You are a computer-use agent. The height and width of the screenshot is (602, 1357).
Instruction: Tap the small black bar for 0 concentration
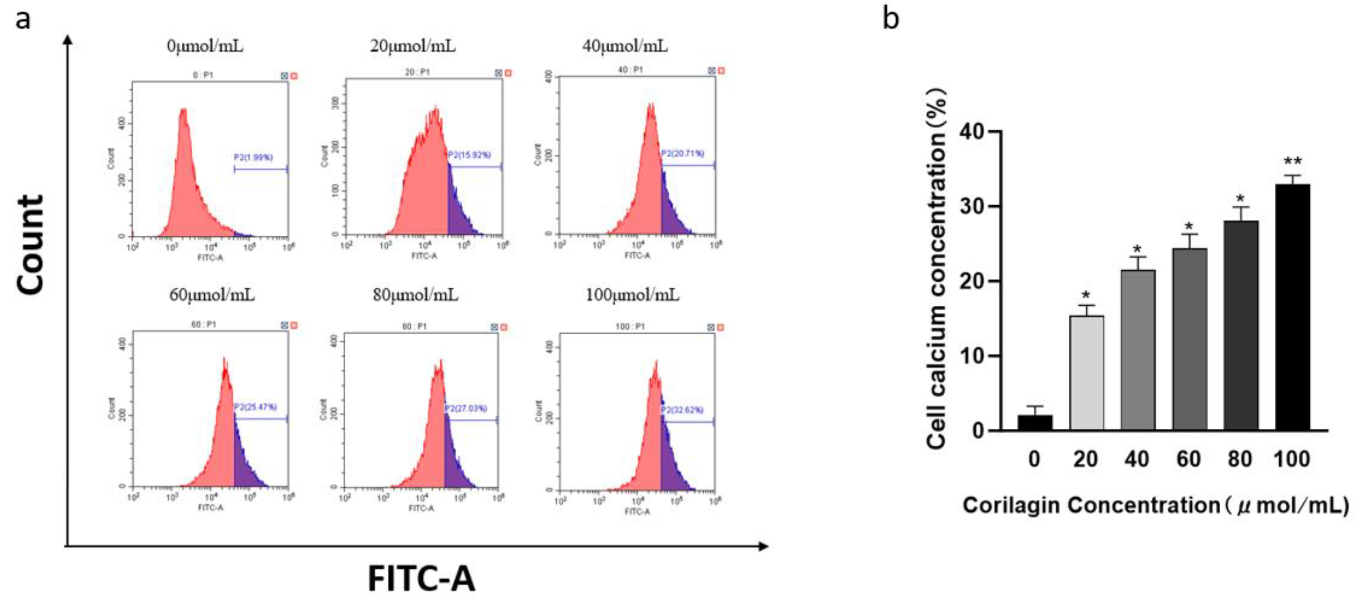click(x=1035, y=423)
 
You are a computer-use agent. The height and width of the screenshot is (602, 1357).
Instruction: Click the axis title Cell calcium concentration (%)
click(x=937, y=269)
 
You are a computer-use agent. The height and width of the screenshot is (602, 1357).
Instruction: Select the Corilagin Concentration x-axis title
click(x=1154, y=505)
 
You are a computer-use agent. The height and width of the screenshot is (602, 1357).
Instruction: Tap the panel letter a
click(x=22, y=20)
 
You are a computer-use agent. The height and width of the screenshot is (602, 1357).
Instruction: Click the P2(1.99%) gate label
click(x=254, y=157)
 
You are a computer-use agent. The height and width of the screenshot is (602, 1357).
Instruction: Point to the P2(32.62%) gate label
click(x=682, y=410)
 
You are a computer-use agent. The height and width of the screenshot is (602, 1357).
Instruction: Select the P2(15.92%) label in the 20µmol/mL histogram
click(x=469, y=155)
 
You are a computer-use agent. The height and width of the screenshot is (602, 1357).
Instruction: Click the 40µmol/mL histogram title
click(x=625, y=46)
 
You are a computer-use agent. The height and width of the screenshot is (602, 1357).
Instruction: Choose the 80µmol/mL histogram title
click(x=415, y=295)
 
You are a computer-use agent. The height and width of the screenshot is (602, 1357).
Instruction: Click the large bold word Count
click(x=30, y=245)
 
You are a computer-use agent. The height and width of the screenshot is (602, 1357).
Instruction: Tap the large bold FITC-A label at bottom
click(x=421, y=579)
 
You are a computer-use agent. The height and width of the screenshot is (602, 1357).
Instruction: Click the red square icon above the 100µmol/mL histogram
click(x=720, y=327)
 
